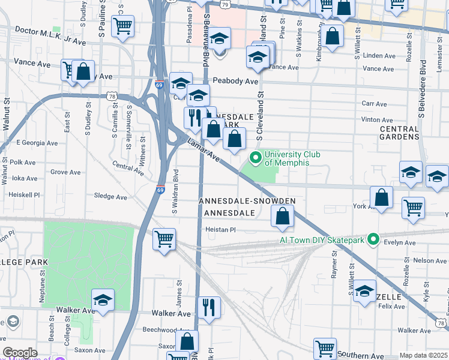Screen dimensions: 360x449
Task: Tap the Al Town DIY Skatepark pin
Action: click(x=373, y=240)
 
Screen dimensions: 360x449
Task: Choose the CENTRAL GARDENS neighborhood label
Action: click(x=399, y=133)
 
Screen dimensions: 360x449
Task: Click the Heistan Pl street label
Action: click(x=221, y=230)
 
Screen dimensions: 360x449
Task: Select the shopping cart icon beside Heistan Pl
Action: click(x=164, y=238)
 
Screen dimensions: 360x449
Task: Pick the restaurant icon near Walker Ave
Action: click(x=208, y=307)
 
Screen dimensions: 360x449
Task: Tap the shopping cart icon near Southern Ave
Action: click(x=325, y=347)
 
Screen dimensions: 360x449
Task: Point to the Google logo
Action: click(x=20, y=353)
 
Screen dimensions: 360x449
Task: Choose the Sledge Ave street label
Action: click(x=111, y=196)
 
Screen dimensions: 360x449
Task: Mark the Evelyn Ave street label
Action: click(x=402, y=243)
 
